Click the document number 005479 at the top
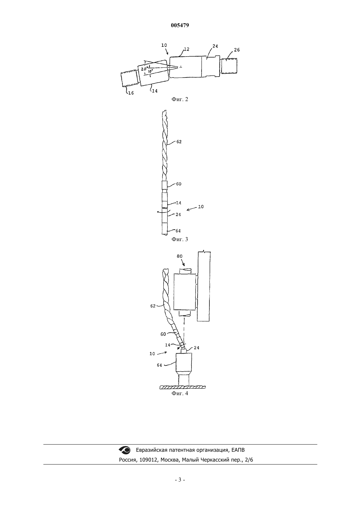pyautogui.click(x=180, y=25)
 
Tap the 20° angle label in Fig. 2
pyautogui.click(x=144, y=69)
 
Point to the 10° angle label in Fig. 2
pyautogui.click(x=150, y=71)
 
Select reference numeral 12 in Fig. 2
pyautogui.click(x=187, y=49)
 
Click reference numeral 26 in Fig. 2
pyautogui.click(x=237, y=50)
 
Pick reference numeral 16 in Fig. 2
pyautogui.click(x=131, y=93)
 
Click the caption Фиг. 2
pyautogui.click(x=180, y=99)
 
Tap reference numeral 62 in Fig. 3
pyautogui.click(x=179, y=142)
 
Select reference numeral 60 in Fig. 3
pyautogui.click(x=179, y=184)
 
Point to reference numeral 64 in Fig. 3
pyautogui.click(x=178, y=231)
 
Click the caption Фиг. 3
pyautogui.click(x=180, y=239)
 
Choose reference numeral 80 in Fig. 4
pyautogui.click(x=180, y=256)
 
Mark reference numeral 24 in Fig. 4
pyautogui.click(x=196, y=348)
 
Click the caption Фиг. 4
pyautogui.click(x=180, y=393)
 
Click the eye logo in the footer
pyautogui.click(x=125, y=450)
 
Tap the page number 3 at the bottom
pyautogui.click(x=180, y=480)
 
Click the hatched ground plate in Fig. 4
pyautogui.click(x=182, y=387)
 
